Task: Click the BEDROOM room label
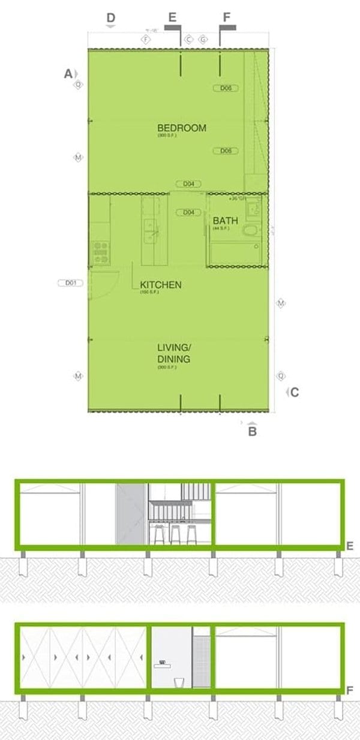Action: coord(181,128)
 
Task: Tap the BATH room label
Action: coord(221,221)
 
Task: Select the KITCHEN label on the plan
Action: coord(160,285)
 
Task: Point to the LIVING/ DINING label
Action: coord(173,353)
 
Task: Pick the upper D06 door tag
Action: coord(226,88)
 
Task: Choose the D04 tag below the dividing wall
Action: coord(188,212)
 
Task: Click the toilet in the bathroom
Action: coord(250,232)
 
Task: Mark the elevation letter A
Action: coord(68,73)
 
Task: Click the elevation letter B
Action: coord(253,431)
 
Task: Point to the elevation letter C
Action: coord(294,393)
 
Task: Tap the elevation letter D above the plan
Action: coord(111,18)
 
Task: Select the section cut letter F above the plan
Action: coord(226,17)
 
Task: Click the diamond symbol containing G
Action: coord(203,39)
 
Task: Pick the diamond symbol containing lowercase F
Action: coord(146,39)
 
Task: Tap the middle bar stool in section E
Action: coord(175,534)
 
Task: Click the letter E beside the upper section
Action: coord(350,546)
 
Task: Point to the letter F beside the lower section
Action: coord(350,691)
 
